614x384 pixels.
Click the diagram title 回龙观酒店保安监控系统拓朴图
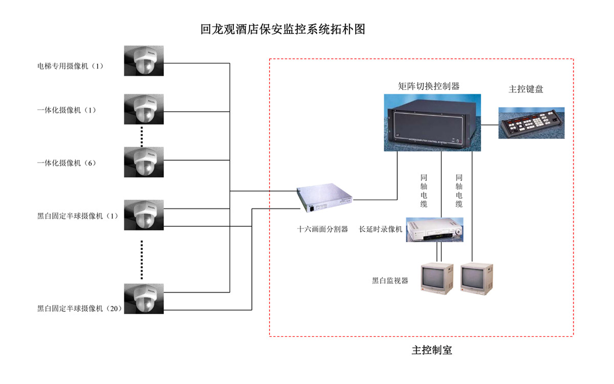(x=283, y=29)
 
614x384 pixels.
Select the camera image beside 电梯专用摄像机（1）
(x=144, y=61)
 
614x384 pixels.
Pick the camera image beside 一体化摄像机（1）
(x=144, y=109)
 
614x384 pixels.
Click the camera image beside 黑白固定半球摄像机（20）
(x=144, y=298)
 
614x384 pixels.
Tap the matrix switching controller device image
(x=432, y=123)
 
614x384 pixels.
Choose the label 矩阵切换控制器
(x=429, y=87)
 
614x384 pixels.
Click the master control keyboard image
(x=531, y=123)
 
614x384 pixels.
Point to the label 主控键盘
(x=525, y=89)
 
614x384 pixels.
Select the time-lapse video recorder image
(x=435, y=229)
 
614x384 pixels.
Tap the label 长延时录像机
(x=381, y=229)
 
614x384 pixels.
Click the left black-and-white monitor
(x=436, y=279)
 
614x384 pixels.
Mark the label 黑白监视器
(x=390, y=281)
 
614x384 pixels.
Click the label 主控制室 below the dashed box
(x=432, y=351)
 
